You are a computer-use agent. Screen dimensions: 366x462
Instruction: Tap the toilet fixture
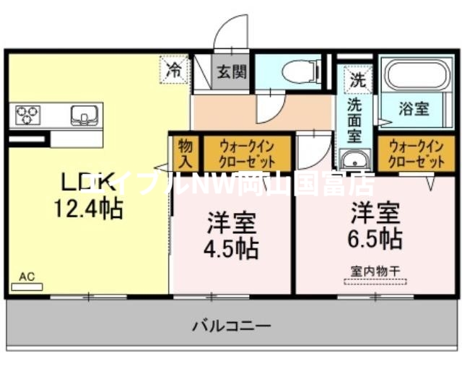301,71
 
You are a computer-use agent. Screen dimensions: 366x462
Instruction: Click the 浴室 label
414,110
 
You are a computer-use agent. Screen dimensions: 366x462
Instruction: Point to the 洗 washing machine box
357,80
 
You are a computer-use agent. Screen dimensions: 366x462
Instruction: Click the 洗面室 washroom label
354,119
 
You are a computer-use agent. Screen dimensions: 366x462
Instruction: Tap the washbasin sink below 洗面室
354,160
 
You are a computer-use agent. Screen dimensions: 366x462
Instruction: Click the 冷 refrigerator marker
174,70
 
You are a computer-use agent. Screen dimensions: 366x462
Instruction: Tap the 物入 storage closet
186,152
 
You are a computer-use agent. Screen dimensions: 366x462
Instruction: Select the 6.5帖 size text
375,238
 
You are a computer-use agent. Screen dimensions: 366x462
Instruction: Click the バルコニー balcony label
232,326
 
